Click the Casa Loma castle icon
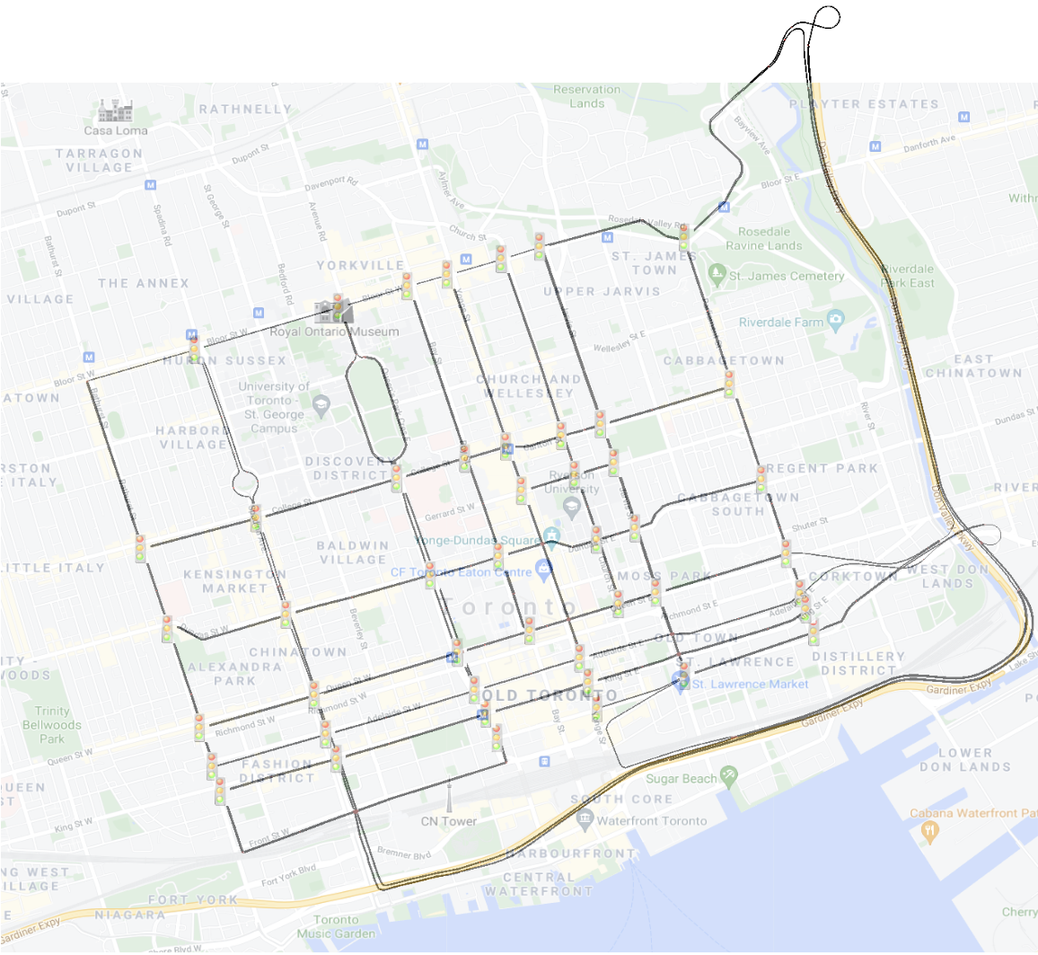(x=116, y=111)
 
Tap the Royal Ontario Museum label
(x=334, y=332)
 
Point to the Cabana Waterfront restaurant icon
(x=929, y=831)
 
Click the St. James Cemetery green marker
(x=717, y=273)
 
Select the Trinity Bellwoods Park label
(x=52, y=724)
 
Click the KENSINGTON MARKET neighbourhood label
(x=234, y=581)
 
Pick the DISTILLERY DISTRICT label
(x=858, y=663)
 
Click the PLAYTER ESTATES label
(x=864, y=104)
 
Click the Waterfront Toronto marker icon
(x=585, y=818)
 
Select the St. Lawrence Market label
(x=750, y=684)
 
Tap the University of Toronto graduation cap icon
(x=321, y=407)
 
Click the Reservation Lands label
(x=586, y=96)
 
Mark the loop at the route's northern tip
(x=826, y=18)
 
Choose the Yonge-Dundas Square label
(x=479, y=541)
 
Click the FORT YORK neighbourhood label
(x=193, y=899)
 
